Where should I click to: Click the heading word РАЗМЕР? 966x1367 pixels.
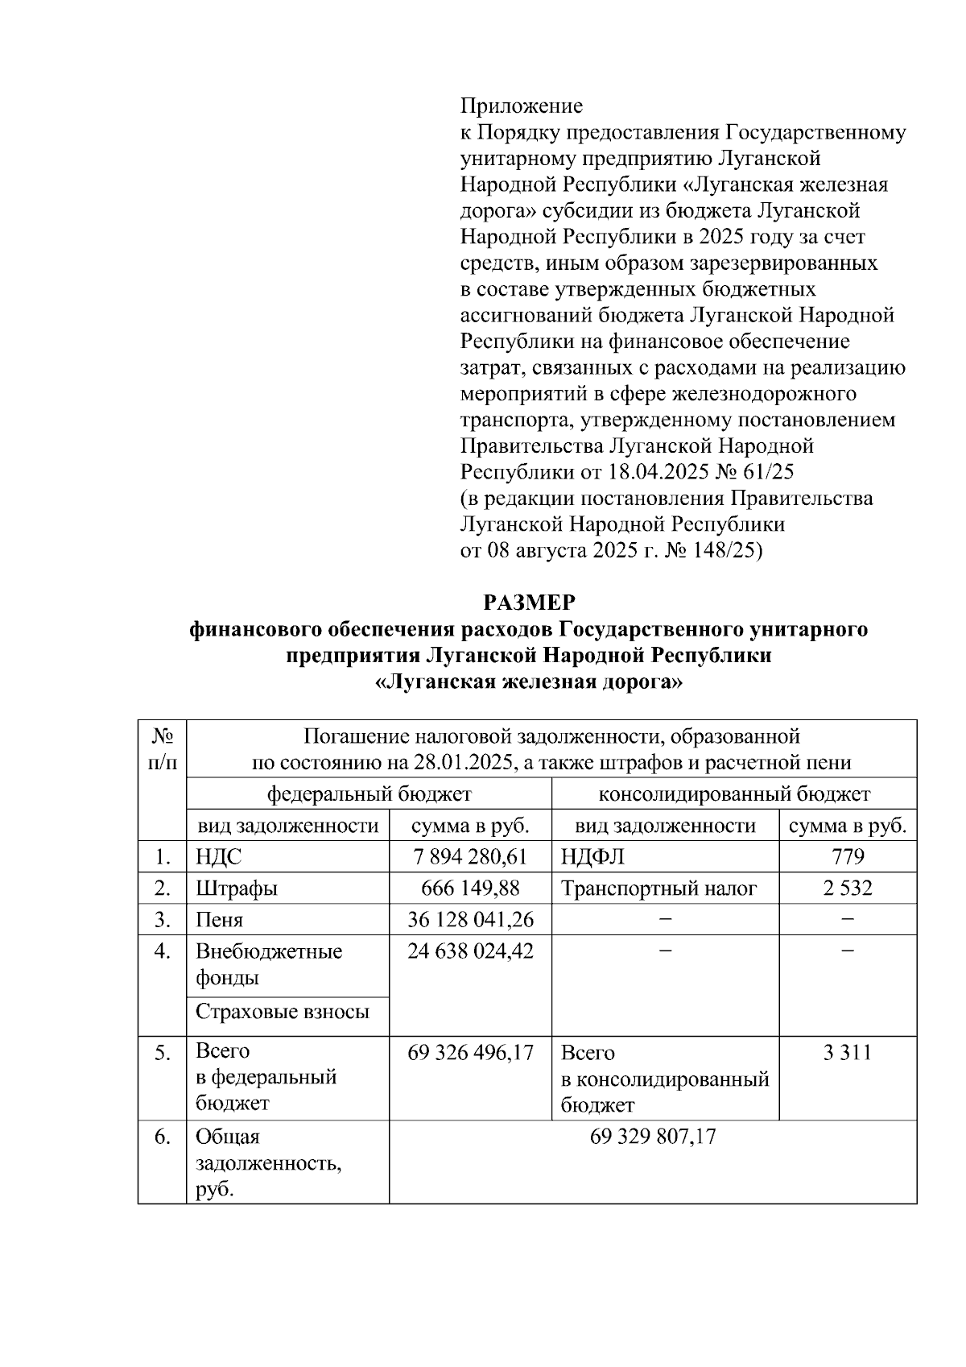[x=529, y=603]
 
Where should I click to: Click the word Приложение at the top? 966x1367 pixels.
[x=521, y=106]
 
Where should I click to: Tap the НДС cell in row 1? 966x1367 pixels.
[x=218, y=857]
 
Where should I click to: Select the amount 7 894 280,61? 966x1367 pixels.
[x=470, y=857]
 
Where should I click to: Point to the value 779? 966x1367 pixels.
[x=847, y=857]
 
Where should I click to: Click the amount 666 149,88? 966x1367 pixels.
[x=470, y=889]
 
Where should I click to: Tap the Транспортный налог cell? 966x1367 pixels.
[x=658, y=889]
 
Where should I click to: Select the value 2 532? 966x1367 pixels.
[x=847, y=889]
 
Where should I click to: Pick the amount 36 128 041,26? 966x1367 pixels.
[x=470, y=920]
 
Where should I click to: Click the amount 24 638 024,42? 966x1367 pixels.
[x=470, y=951]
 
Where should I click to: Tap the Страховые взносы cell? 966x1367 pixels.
[x=283, y=1012]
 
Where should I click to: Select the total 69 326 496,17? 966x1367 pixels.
[x=470, y=1053]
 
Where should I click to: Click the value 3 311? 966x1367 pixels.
[x=847, y=1053]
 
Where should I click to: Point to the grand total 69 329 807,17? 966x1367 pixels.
[x=653, y=1137]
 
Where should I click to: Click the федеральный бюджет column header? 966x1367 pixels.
[x=369, y=794]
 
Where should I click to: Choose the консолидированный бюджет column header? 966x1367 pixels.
[x=733, y=794]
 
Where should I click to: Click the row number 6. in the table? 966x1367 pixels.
[x=163, y=1137]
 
